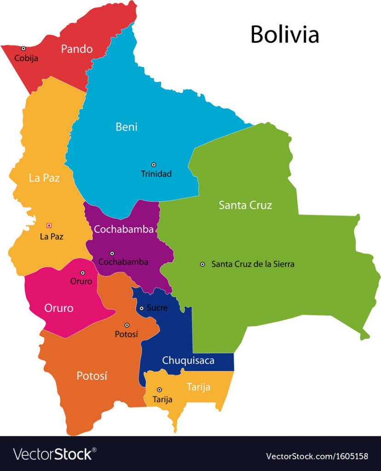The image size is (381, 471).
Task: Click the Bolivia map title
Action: point(284,34)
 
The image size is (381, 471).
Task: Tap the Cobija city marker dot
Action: point(23,48)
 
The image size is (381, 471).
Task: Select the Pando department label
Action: point(77,49)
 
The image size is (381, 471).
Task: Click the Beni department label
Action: point(126,127)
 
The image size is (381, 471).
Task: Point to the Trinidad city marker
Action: point(154,164)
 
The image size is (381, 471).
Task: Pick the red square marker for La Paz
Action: point(49,225)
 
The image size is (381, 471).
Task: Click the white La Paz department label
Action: point(44,178)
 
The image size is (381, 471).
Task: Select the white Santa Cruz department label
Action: point(245,205)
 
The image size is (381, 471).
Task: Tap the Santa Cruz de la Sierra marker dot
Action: point(202,264)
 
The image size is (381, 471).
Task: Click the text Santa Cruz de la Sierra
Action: point(253,264)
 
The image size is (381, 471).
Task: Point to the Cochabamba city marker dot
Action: point(112,253)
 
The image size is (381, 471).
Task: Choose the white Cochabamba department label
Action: point(123,229)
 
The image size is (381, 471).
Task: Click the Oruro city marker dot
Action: point(83,273)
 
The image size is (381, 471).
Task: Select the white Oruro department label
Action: point(58,308)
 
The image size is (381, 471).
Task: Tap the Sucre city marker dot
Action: point(142,308)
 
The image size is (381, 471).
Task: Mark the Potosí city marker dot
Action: point(127,325)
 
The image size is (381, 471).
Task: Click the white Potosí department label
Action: point(92,376)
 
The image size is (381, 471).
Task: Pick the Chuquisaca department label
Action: point(188,360)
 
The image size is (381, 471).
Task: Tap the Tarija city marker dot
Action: point(160,390)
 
